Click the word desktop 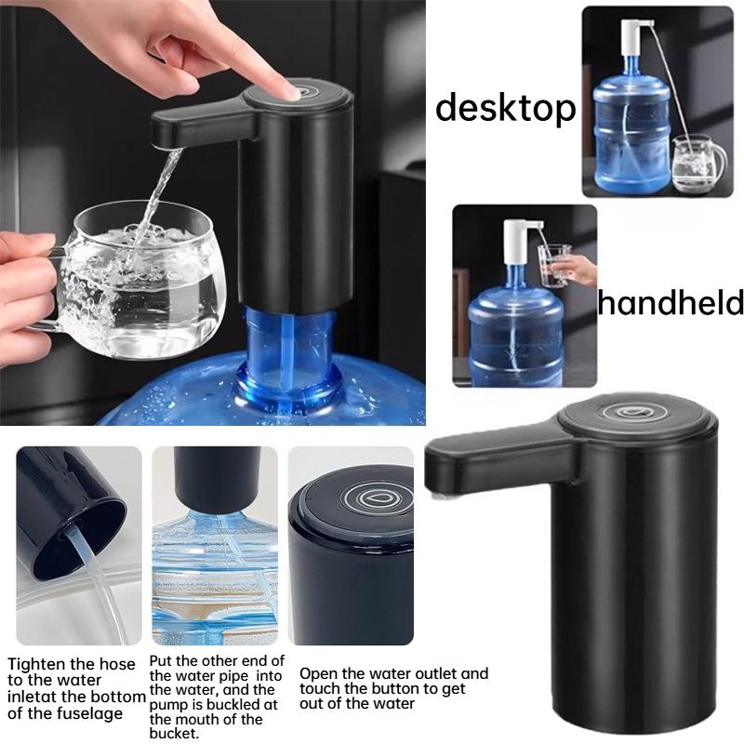click(x=505, y=108)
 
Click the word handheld click(x=670, y=302)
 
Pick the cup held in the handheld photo click(x=553, y=262)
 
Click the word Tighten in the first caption click(x=36, y=665)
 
